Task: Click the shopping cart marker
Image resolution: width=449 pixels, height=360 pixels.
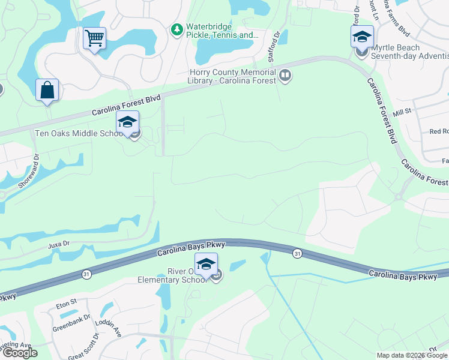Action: (x=94, y=39)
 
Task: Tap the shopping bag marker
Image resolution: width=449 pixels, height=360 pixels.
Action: (x=47, y=91)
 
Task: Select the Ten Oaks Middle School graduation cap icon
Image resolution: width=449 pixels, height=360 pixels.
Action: (x=127, y=122)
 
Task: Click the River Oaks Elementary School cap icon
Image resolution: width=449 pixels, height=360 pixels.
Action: (x=205, y=264)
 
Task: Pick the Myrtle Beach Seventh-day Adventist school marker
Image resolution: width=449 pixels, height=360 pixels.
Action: (x=362, y=37)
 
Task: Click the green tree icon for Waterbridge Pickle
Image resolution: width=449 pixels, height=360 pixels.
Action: (x=176, y=29)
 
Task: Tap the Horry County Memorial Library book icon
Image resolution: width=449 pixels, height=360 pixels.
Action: (x=285, y=76)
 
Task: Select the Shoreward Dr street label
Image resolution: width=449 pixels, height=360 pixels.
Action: (x=28, y=172)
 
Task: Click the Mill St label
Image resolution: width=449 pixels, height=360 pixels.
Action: (x=402, y=112)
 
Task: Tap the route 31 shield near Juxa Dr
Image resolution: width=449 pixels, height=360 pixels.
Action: (x=86, y=274)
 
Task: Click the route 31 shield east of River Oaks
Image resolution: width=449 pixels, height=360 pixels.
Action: (x=297, y=254)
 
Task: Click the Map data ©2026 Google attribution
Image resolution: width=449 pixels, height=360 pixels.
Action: (x=412, y=355)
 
